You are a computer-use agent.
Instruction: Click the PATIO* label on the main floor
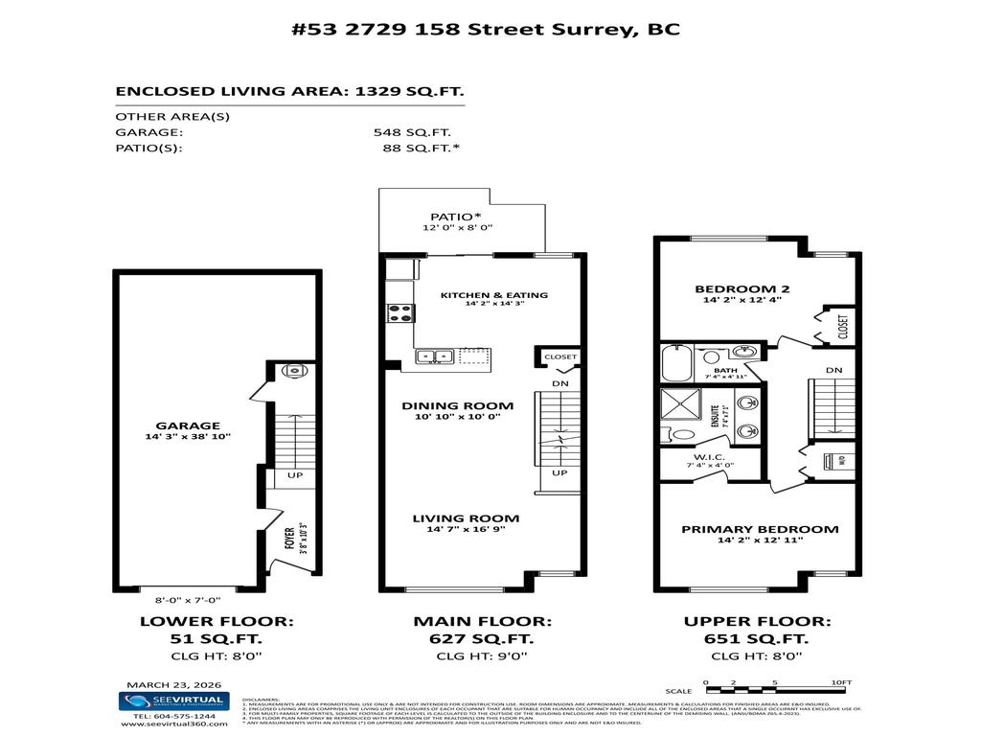(447, 217)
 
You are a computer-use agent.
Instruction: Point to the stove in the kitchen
(399, 312)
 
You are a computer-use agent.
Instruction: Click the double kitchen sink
(435, 357)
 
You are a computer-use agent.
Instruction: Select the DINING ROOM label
(457, 405)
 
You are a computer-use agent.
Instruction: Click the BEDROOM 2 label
(741, 288)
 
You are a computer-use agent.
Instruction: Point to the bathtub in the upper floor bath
(681, 364)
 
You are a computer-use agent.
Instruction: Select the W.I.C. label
(710, 456)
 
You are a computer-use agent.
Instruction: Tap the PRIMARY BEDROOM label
(760, 529)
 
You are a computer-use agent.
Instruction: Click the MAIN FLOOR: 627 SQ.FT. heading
(482, 630)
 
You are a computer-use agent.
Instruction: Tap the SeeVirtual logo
(173, 701)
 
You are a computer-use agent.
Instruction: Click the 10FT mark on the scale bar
(839, 682)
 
